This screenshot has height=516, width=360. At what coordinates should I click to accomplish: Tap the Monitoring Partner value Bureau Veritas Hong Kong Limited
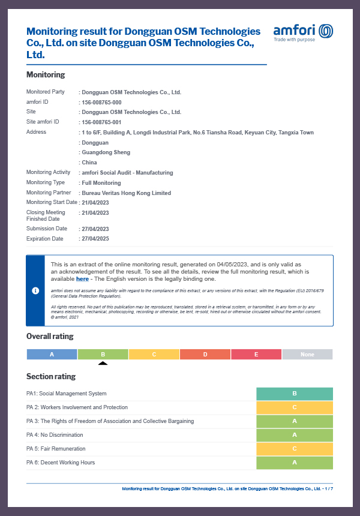click(x=126, y=193)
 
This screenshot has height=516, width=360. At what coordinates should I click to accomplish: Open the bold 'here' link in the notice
click(x=82, y=279)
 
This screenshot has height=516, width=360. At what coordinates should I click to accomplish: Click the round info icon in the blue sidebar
click(x=35, y=290)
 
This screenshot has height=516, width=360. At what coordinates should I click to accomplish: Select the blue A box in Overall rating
click(x=52, y=355)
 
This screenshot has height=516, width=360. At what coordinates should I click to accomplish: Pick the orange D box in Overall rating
click(x=205, y=355)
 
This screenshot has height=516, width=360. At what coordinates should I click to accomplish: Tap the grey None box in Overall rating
click(x=307, y=355)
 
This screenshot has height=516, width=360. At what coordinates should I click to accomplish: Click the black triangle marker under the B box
click(x=103, y=363)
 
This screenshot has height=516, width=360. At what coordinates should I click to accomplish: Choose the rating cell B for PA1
click(x=294, y=394)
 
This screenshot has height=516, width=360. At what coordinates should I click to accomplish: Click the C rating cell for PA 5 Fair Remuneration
click(x=294, y=449)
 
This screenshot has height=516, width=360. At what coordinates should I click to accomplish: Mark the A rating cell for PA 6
click(x=294, y=463)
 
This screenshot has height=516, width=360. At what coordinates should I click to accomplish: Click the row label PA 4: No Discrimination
click(x=55, y=435)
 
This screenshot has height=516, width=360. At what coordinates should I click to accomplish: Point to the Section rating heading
click(x=51, y=376)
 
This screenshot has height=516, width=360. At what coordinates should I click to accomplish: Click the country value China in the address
click(x=89, y=163)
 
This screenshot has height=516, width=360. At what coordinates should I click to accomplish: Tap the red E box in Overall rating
click(x=256, y=355)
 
